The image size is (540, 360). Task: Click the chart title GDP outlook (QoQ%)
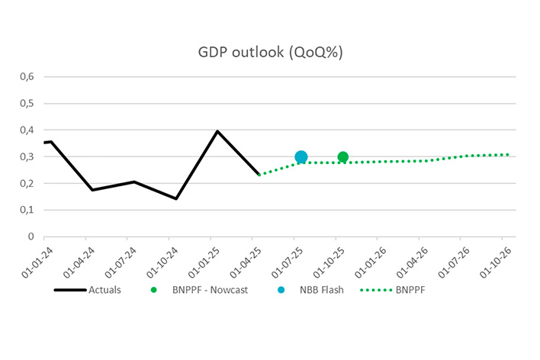point(269,51)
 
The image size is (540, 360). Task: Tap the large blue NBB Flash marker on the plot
point(301,157)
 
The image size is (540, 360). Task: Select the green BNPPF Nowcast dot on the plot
point(343,157)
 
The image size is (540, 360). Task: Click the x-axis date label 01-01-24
point(35,260)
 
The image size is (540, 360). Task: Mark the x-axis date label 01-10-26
point(493,260)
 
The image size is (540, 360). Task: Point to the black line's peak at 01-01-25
point(217,131)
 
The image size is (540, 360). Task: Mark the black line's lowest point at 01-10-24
point(176,199)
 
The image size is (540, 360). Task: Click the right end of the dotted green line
point(509,155)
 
